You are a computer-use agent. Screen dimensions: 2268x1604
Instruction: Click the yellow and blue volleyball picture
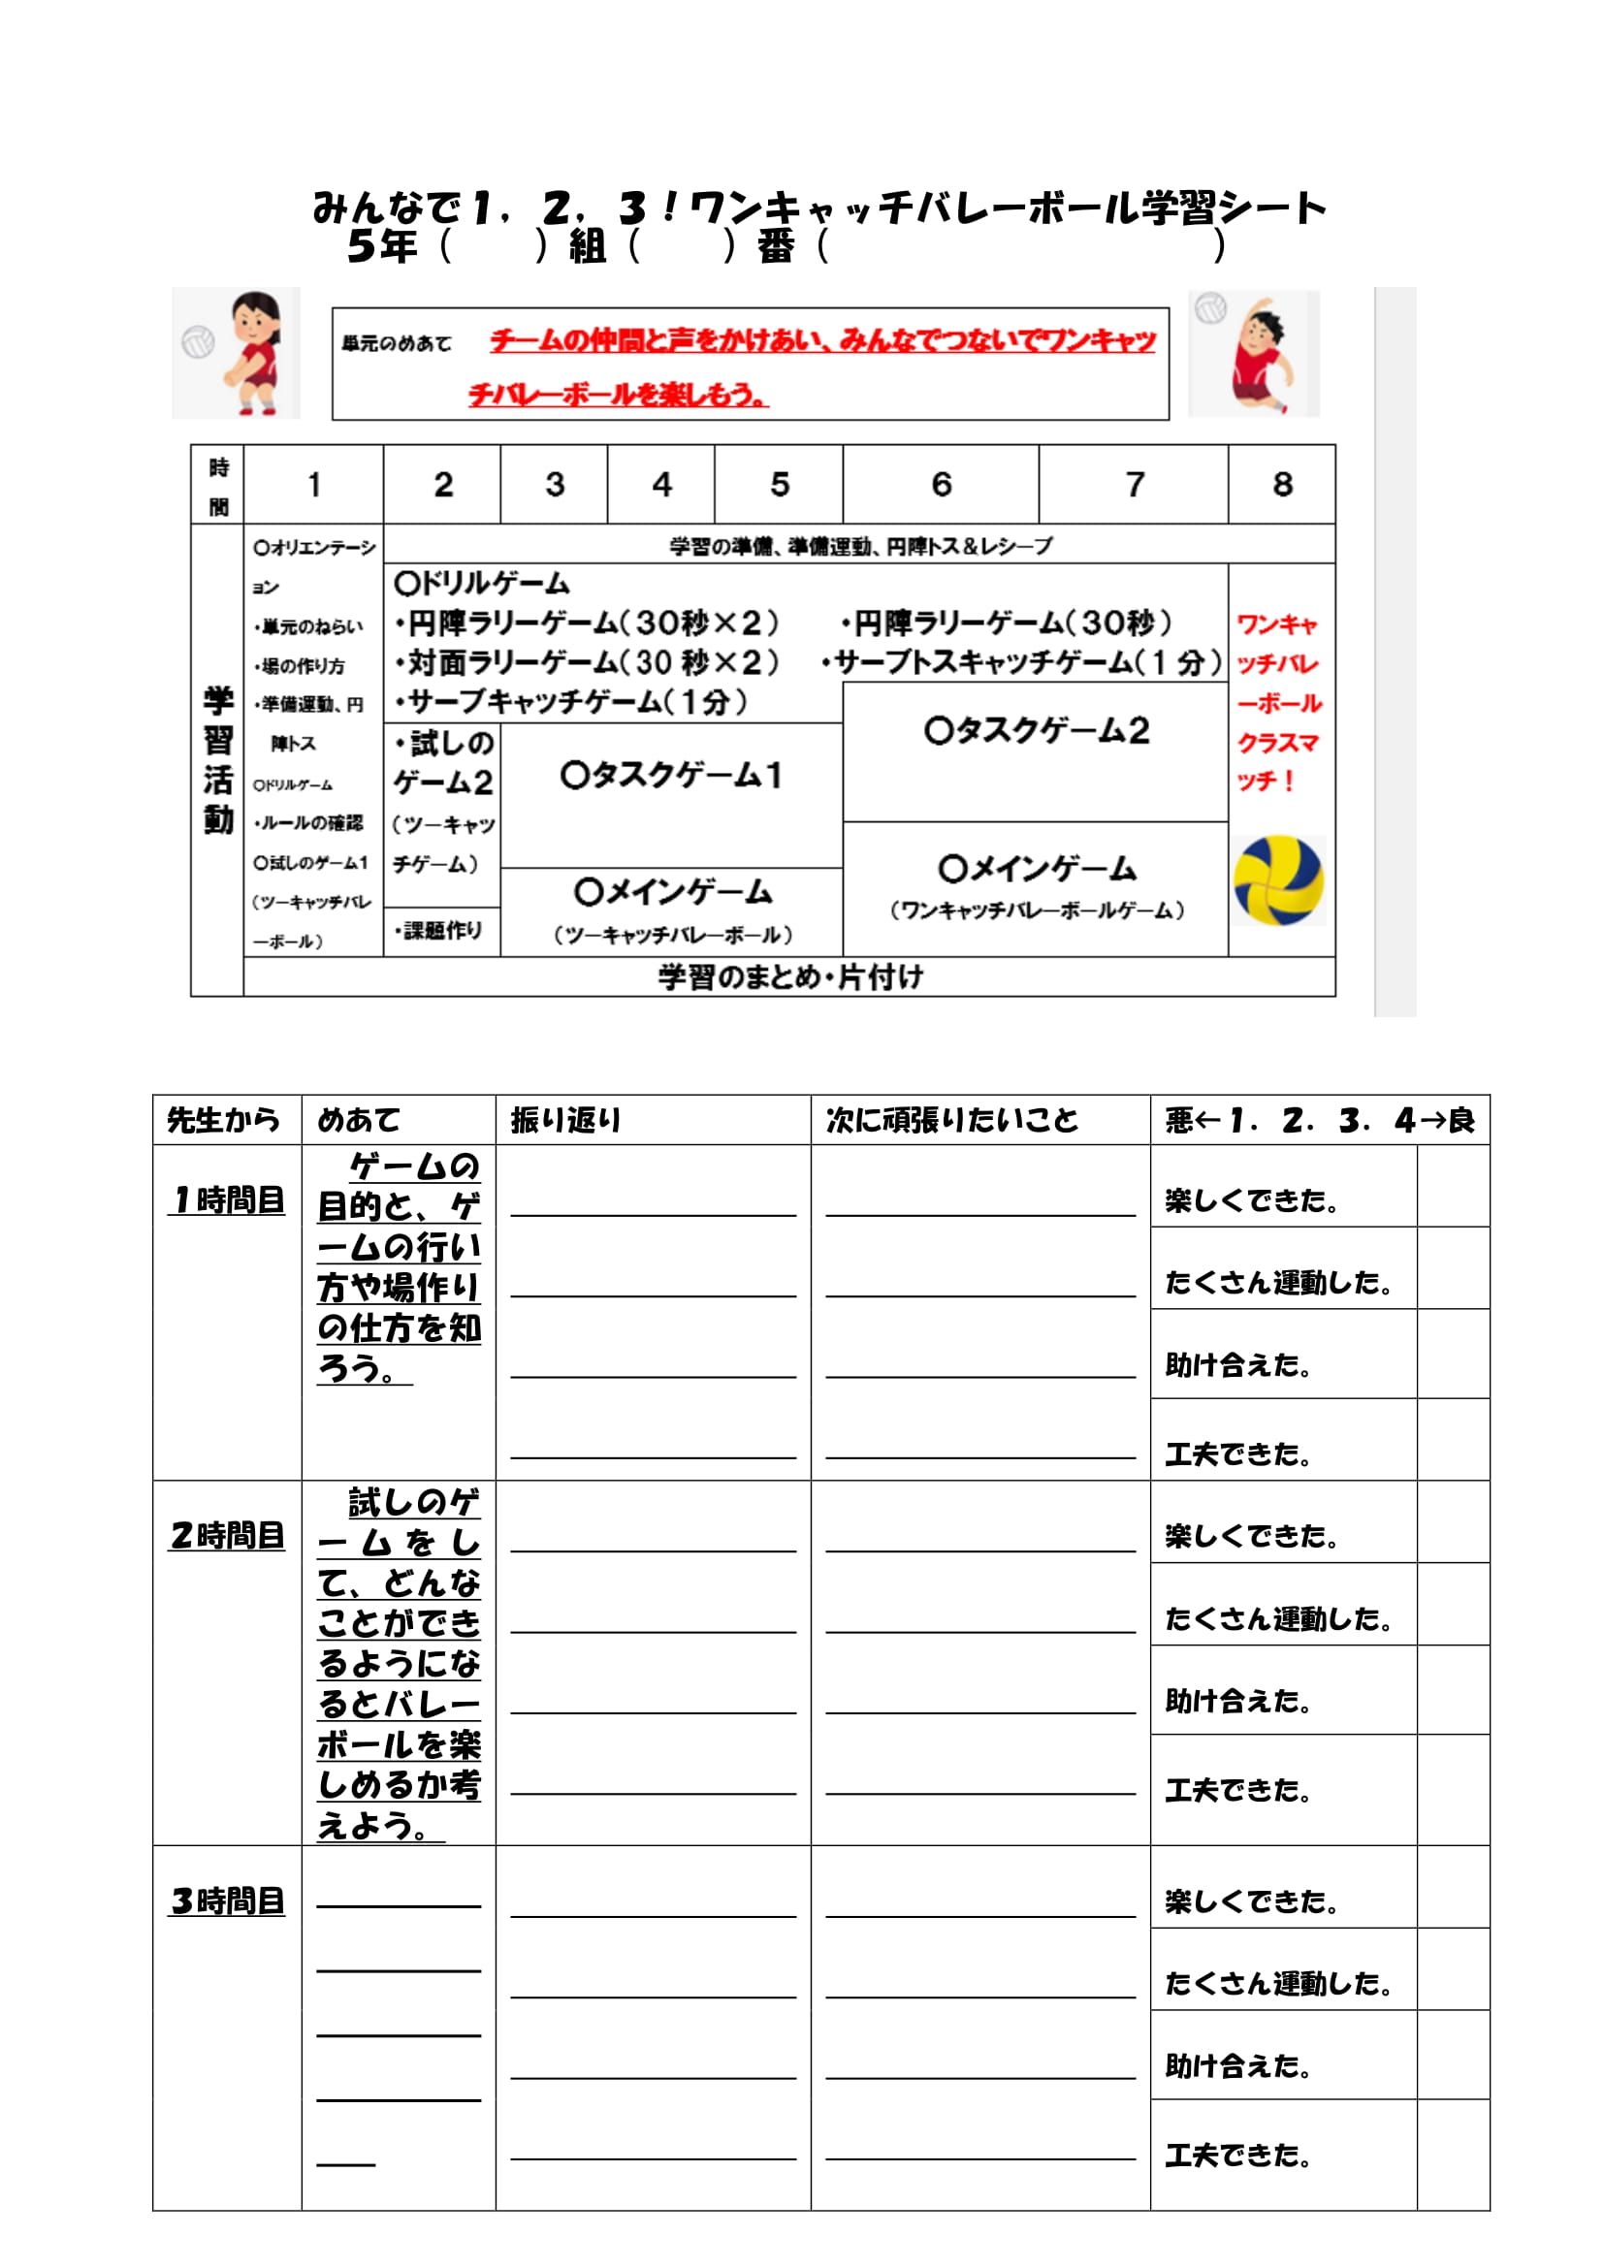tap(1278, 880)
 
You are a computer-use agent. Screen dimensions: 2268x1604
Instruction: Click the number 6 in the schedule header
tap(941, 484)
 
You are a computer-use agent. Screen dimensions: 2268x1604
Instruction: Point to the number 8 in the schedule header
tap(1282, 484)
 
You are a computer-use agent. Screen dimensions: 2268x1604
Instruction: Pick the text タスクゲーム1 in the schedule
tap(672, 776)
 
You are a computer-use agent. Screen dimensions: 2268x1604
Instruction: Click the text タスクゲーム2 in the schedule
tap(1037, 731)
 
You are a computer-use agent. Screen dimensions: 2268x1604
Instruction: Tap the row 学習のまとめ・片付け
tap(790, 977)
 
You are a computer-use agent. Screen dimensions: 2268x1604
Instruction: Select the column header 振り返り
tap(566, 1120)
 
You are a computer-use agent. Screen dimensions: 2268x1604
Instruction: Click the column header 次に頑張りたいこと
tap(952, 1120)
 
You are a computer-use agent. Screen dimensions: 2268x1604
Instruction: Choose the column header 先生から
tap(223, 1120)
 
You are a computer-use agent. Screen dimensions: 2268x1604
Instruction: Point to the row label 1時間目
tap(227, 1200)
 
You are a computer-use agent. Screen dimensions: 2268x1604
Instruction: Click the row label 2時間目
tap(227, 1536)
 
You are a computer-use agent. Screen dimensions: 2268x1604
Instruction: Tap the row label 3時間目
tap(227, 1901)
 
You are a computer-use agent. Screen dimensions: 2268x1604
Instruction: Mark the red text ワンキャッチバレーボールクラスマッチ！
tap(1279, 702)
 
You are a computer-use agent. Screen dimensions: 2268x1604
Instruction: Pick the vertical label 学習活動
tap(218, 759)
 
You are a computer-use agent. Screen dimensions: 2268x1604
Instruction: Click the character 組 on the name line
tap(588, 246)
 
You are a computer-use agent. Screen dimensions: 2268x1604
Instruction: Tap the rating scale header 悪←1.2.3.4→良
tap(1320, 1120)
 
